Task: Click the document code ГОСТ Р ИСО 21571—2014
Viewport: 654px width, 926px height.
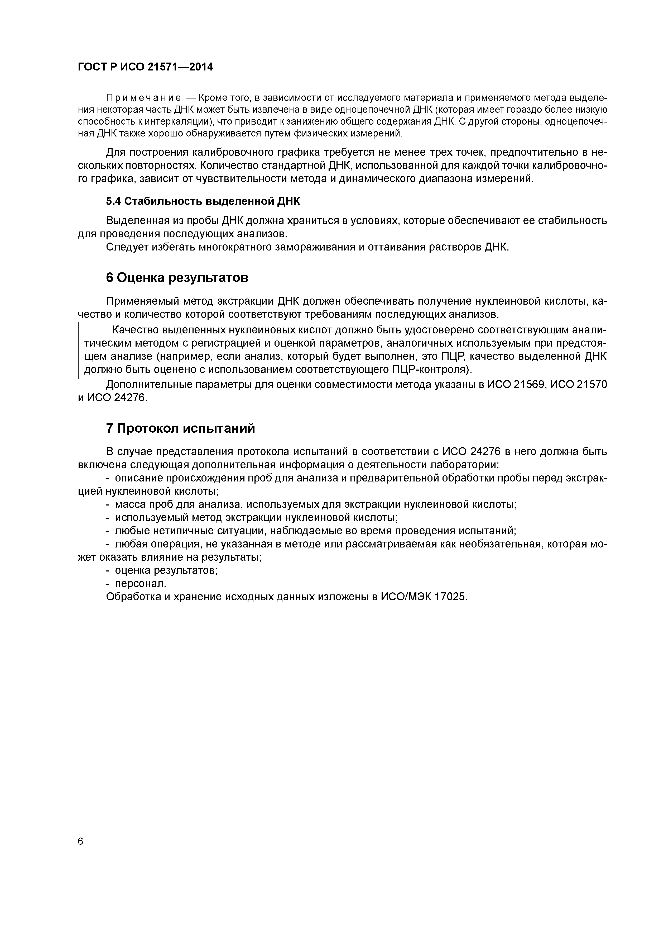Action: (145, 67)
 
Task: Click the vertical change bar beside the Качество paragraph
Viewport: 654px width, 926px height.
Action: (78, 350)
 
